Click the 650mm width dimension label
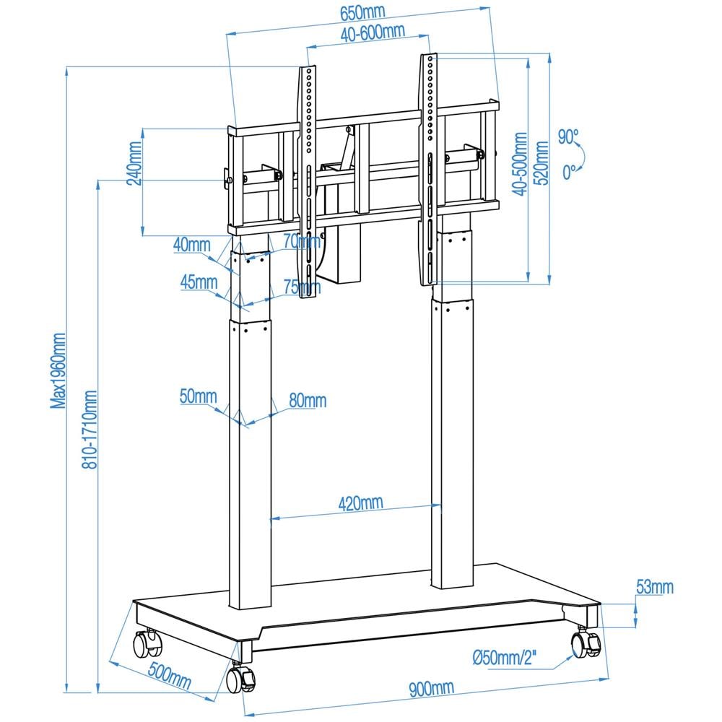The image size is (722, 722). (x=362, y=13)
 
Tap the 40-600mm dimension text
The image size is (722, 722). (x=373, y=32)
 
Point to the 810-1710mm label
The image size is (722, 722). (x=90, y=429)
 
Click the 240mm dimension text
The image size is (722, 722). (x=134, y=163)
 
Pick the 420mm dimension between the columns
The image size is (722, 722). (x=360, y=503)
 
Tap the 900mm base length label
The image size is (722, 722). (x=432, y=688)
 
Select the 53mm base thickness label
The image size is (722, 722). (x=654, y=586)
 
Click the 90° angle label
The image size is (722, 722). (x=568, y=136)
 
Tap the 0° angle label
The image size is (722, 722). (x=569, y=173)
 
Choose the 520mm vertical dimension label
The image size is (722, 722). (x=541, y=163)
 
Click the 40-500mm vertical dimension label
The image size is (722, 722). (x=521, y=164)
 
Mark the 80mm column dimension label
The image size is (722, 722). (x=308, y=401)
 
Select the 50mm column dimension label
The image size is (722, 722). (x=198, y=396)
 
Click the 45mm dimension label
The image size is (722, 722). (x=199, y=282)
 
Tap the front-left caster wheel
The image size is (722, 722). (x=240, y=678)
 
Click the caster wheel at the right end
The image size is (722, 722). (x=586, y=643)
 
